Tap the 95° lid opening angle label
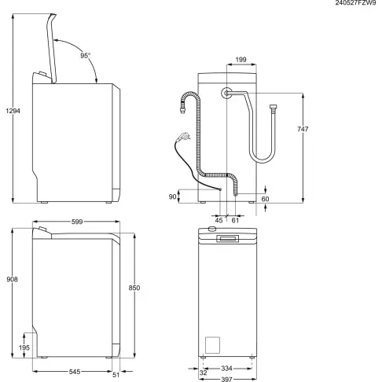pos(85,56)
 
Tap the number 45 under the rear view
pos(219,220)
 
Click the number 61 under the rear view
pos(235,220)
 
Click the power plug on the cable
pos(182,137)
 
